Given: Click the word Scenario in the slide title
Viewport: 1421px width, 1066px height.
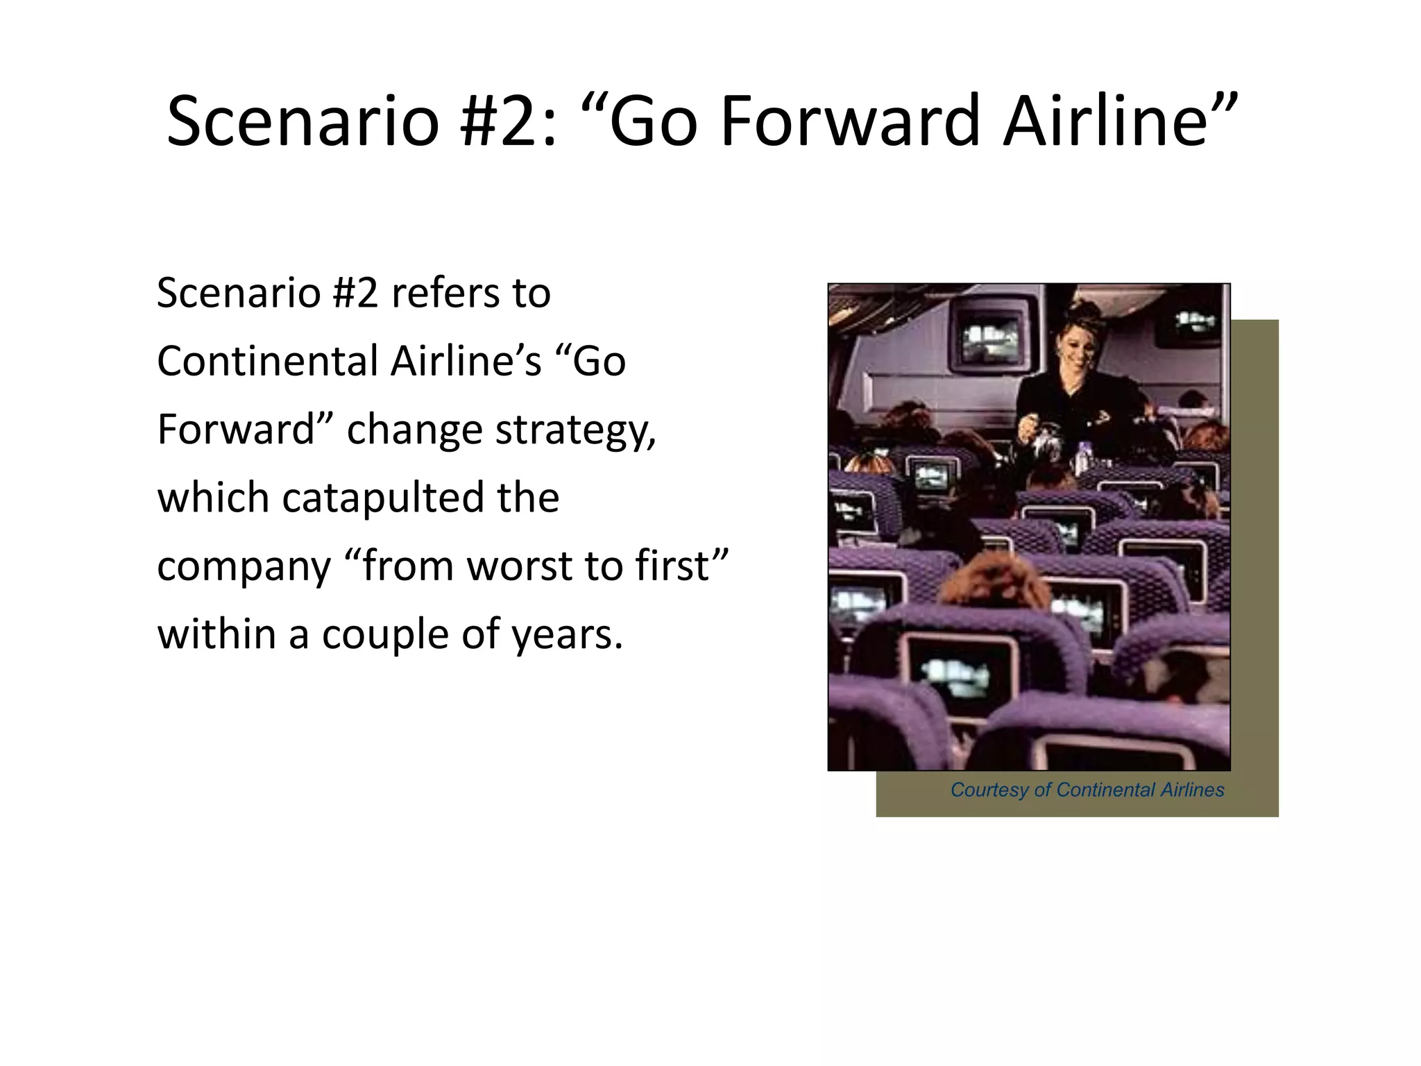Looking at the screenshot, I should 303,122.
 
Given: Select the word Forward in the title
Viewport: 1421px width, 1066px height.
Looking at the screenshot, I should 851,122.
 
